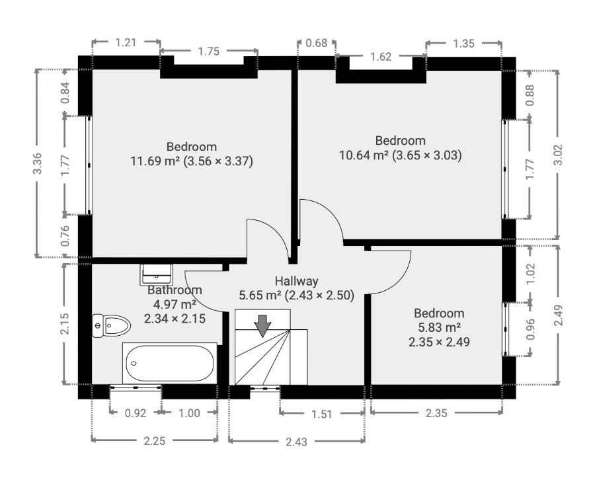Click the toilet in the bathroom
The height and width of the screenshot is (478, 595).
point(111,325)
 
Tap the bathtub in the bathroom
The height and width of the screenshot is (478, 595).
point(170,363)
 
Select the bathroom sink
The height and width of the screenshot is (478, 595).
point(156,274)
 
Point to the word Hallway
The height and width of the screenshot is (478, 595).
point(296,281)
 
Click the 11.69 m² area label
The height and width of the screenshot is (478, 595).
point(155,161)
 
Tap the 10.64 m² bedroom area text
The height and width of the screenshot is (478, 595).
point(364,155)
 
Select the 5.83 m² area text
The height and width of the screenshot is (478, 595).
point(439,327)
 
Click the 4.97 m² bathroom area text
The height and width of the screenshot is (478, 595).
point(175,304)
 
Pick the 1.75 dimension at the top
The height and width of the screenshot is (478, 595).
point(209,51)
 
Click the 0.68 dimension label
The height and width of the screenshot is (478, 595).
point(317,43)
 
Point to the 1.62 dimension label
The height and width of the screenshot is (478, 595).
point(381,56)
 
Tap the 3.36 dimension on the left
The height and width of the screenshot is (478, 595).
point(37,163)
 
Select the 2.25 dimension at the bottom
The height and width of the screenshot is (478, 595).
point(155,441)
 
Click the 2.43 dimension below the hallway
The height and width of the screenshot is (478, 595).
point(296,442)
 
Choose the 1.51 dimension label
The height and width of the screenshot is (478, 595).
point(322,414)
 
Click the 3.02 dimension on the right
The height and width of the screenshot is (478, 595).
point(558,155)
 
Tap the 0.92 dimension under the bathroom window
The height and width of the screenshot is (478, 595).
point(136,413)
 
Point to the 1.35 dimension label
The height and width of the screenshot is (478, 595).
point(463,44)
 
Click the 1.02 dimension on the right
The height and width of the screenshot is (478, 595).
point(530,274)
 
